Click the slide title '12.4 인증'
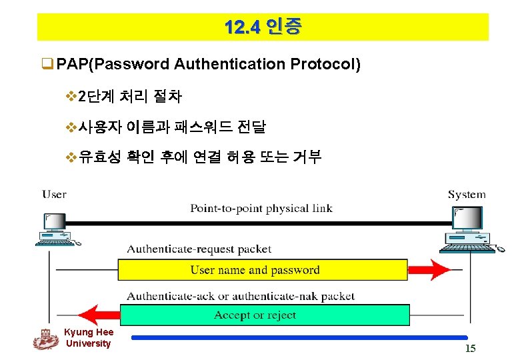(x=263, y=27)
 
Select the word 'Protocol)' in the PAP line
(x=325, y=64)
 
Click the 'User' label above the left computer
(x=54, y=195)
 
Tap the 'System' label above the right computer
(x=466, y=195)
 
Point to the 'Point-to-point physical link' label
(x=261, y=208)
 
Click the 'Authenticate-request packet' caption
(x=199, y=249)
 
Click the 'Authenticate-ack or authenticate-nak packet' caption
(x=241, y=295)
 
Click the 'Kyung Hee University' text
(x=89, y=338)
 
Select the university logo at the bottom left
(x=45, y=339)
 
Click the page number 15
(x=470, y=349)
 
